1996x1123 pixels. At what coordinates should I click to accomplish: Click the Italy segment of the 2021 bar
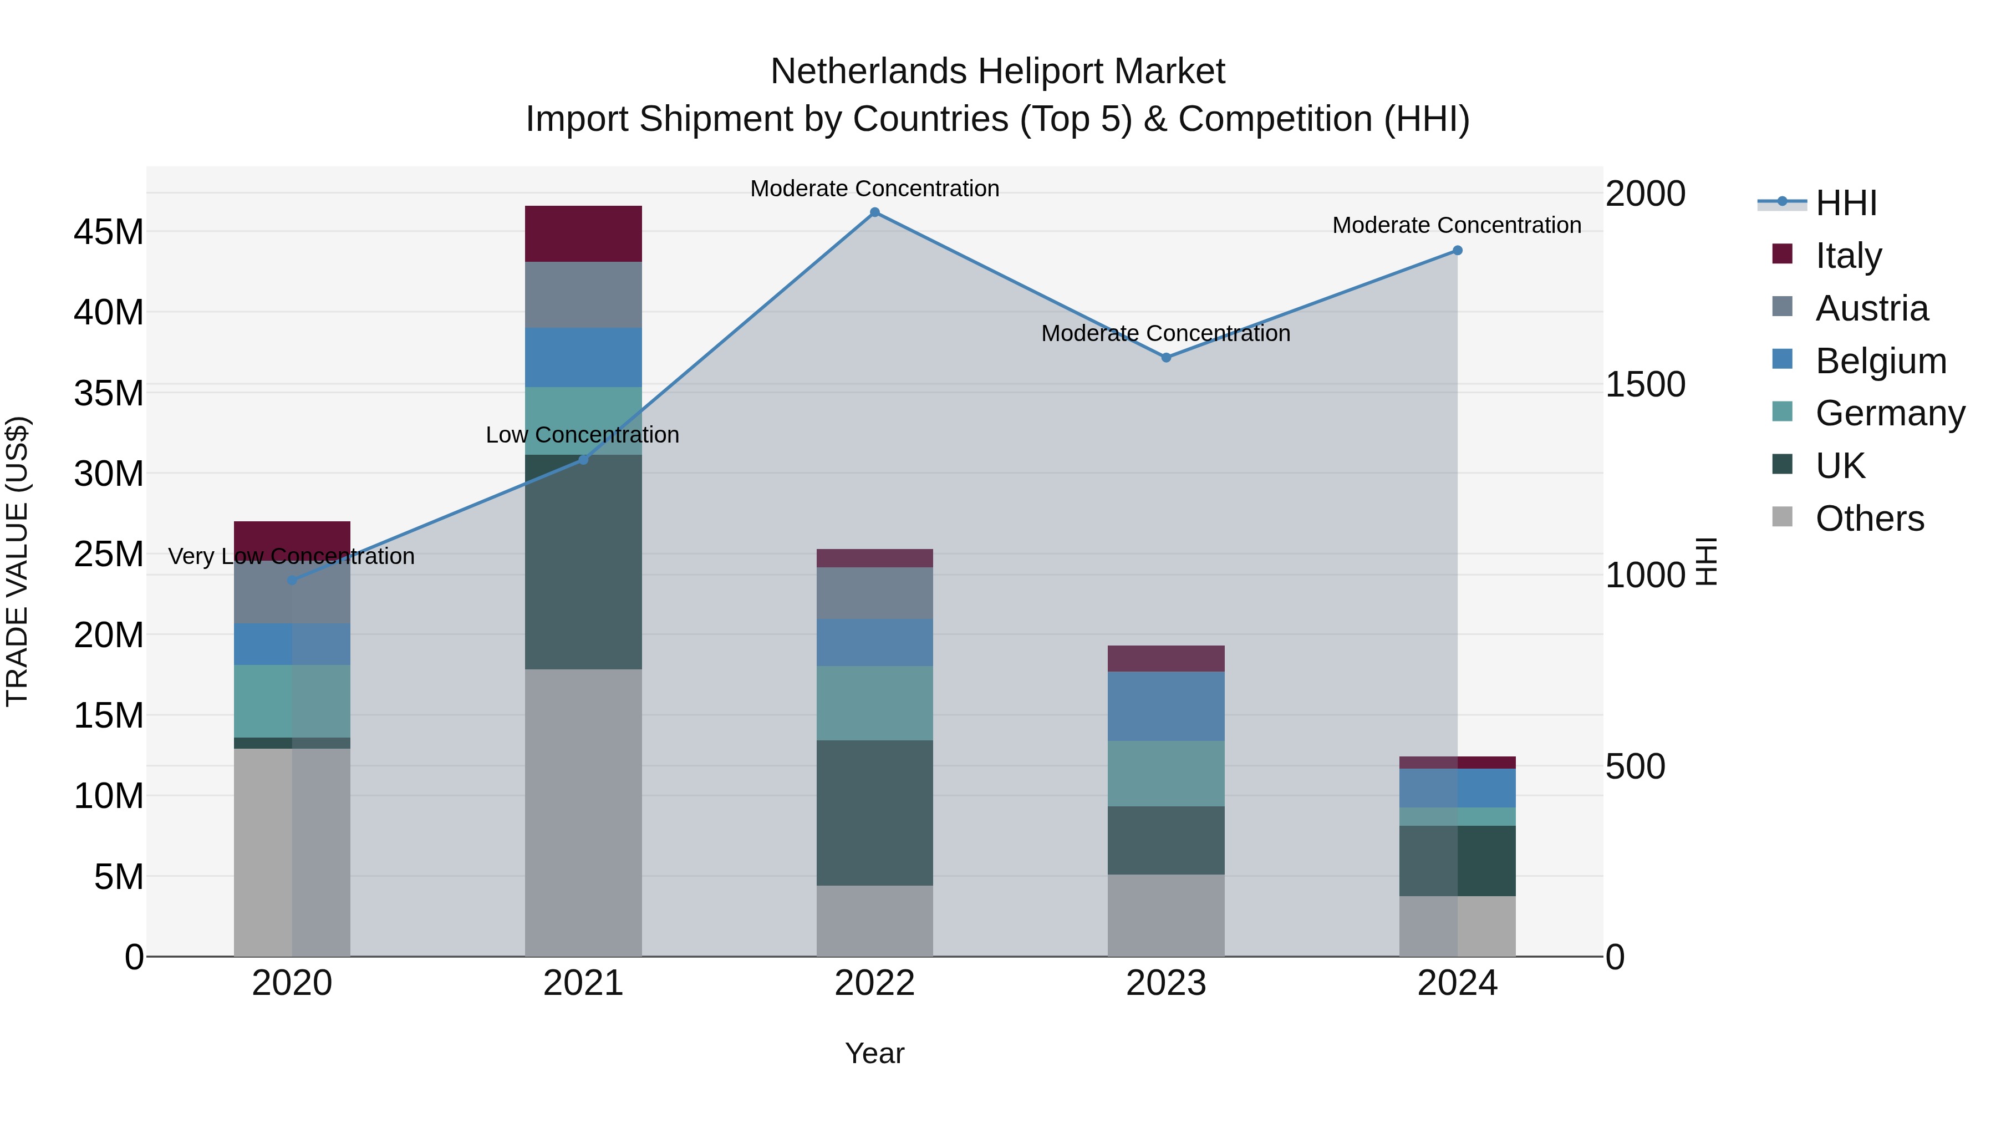coord(583,233)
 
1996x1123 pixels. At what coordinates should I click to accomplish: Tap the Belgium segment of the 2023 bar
coord(1165,706)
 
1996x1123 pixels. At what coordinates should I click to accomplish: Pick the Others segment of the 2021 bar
coord(583,812)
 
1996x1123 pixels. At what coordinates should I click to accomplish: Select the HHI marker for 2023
coord(1165,357)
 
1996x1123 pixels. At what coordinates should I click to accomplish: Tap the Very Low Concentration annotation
coord(291,556)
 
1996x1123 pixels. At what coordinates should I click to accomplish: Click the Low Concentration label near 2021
coord(582,435)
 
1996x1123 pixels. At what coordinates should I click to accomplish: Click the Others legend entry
coord(1869,519)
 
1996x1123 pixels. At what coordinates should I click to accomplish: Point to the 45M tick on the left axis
coord(109,232)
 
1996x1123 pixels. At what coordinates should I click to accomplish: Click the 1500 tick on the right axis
coord(1644,384)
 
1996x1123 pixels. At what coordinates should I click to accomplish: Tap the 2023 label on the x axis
coord(1165,983)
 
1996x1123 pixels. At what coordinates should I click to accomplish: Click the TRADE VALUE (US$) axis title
coord(17,561)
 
